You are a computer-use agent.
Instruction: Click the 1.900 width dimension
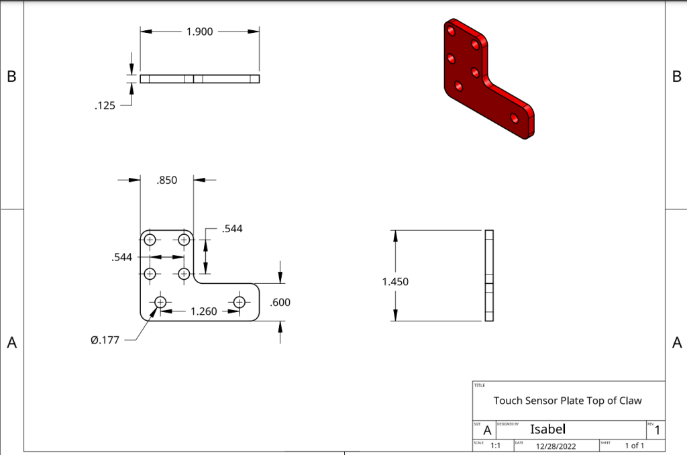(199, 31)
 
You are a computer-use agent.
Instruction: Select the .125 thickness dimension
(106, 105)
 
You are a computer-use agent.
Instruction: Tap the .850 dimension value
(166, 180)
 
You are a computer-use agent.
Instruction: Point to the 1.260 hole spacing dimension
(204, 311)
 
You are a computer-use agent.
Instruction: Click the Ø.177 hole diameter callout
(105, 340)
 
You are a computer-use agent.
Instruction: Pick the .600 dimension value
(280, 303)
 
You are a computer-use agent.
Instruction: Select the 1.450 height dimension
(395, 282)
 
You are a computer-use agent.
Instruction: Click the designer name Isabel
(548, 429)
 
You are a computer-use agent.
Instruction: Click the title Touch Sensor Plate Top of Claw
(568, 401)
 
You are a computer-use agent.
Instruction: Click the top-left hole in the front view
(150, 240)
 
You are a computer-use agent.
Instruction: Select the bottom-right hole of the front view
(238, 302)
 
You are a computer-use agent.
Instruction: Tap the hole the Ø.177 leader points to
(160, 302)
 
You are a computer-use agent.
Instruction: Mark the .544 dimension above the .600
(231, 229)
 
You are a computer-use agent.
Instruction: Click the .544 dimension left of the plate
(122, 256)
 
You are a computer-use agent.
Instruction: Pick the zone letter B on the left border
(11, 77)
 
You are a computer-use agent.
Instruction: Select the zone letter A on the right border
(676, 343)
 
